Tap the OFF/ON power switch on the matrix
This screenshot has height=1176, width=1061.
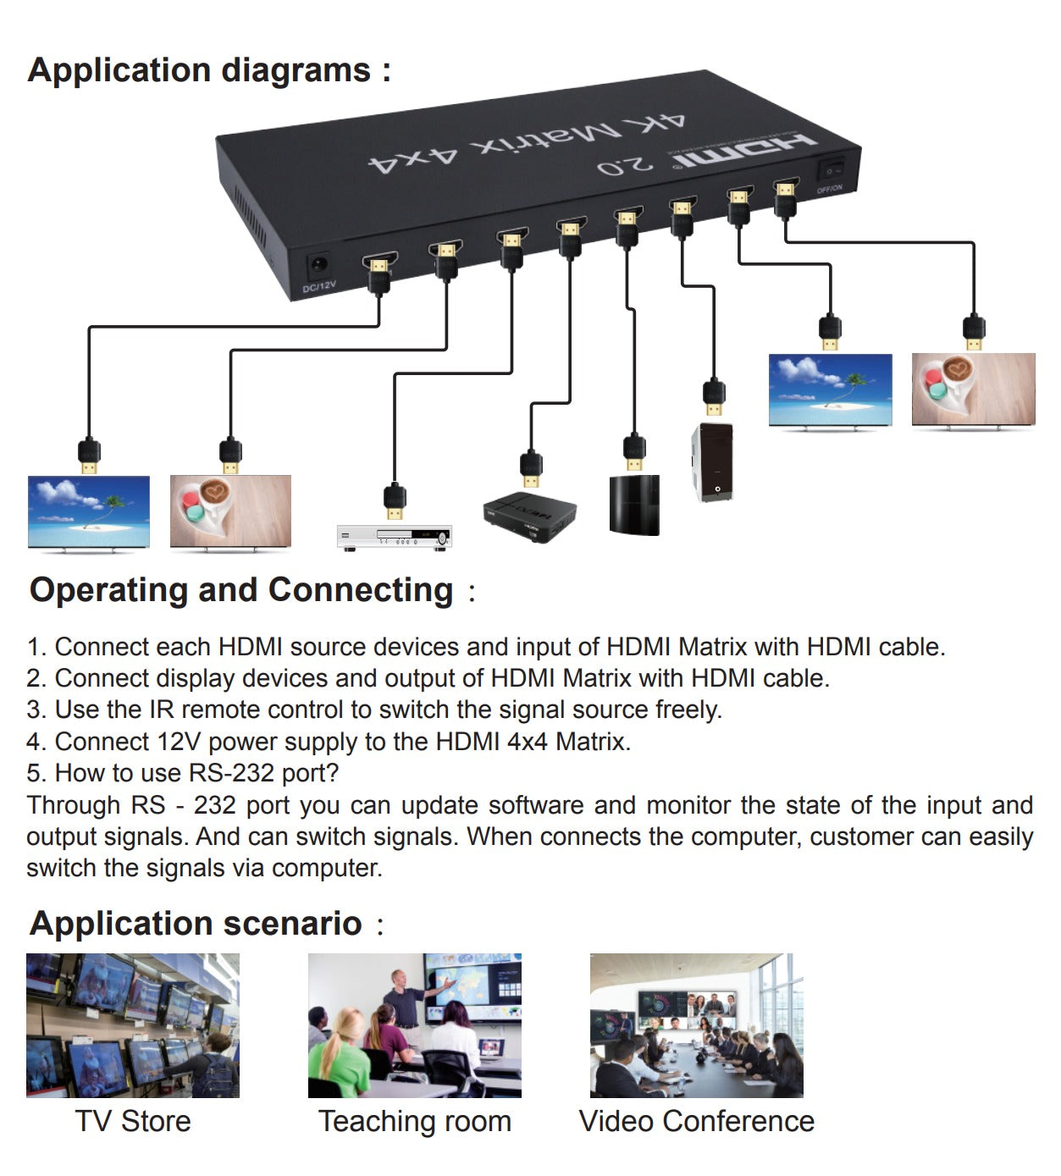pyautogui.click(x=830, y=170)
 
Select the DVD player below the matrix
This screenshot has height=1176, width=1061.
pyautogui.click(x=394, y=537)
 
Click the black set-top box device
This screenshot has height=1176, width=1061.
pyautogui.click(x=529, y=516)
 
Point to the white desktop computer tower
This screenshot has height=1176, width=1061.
pyautogui.click(x=712, y=461)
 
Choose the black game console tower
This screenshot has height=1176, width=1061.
pyautogui.click(x=633, y=505)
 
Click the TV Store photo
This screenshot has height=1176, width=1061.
pyautogui.click(x=133, y=1025)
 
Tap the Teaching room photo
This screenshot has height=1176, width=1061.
pyautogui.click(x=414, y=1025)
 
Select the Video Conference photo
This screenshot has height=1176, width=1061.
pyautogui.click(x=696, y=1025)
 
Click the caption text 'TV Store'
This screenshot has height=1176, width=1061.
pyautogui.click(x=133, y=1121)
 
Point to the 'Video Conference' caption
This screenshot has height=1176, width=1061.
pyautogui.click(x=696, y=1121)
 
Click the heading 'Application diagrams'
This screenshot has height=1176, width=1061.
pyautogui.click(x=200, y=70)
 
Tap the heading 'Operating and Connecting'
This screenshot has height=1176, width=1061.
pyautogui.click(x=241, y=590)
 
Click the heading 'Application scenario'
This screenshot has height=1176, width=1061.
pyautogui.click(x=196, y=924)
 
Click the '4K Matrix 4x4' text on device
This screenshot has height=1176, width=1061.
pyautogui.click(x=525, y=143)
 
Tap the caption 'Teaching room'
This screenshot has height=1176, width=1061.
pyautogui.click(x=414, y=1121)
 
